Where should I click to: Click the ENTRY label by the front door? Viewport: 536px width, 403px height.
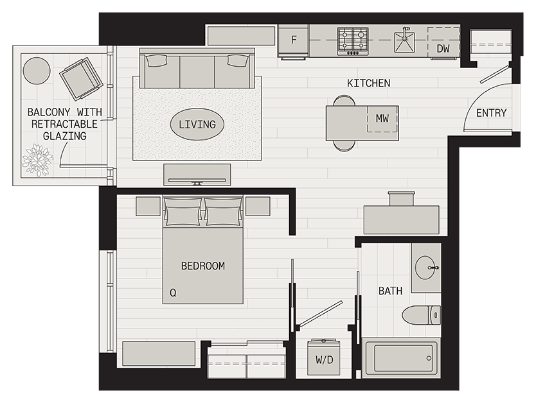(x=491, y=113)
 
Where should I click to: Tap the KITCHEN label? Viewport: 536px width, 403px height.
(x=368, y=83)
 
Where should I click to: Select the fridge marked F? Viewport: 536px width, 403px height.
(x=294, y=40)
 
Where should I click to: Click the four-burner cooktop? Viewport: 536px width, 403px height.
(x=353, y=40)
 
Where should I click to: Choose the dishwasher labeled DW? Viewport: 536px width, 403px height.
(x=443, y=48)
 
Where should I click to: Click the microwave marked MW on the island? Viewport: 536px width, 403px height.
(x=382, y=119)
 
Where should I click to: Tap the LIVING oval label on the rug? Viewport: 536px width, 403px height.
(x=197, y=124)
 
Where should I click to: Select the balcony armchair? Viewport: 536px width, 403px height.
(x=81, y=78)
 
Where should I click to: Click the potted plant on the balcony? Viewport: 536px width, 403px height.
(x=37, y=160)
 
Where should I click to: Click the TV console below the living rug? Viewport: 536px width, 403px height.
(x=197, y=174)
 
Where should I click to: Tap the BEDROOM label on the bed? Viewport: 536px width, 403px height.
(x=202, y=266)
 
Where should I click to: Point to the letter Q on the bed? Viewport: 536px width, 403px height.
(x=173, y=293)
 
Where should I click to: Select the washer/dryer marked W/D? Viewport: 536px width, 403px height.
(x=324, y=359)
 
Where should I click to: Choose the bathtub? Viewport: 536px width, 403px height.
(x=401, y=359)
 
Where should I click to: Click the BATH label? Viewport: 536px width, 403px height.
(x=390, y=291)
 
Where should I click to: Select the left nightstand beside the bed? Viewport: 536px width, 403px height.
(x=148, y=206)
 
